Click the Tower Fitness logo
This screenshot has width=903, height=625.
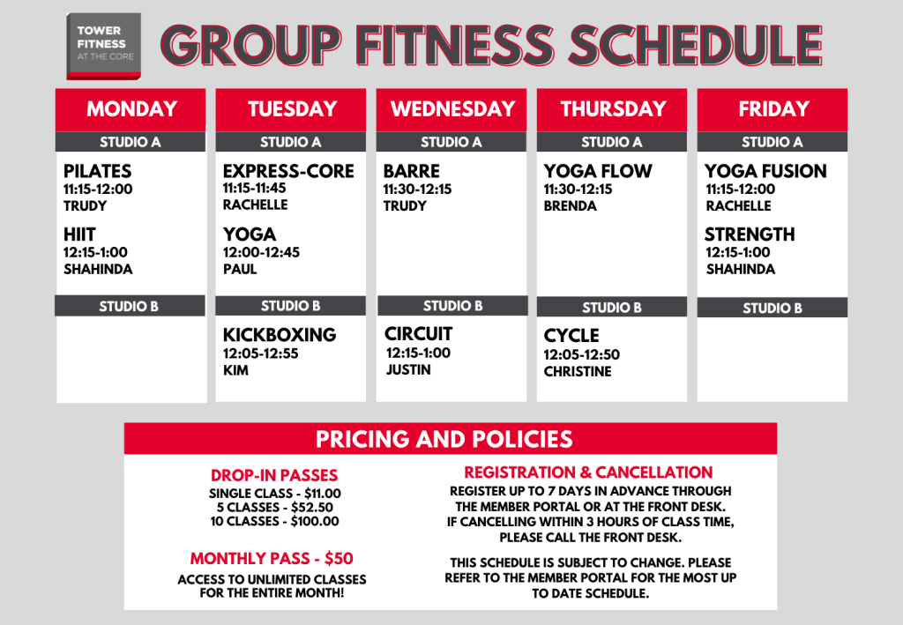coord(104,46)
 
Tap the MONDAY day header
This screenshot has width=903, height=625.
coord(132,108)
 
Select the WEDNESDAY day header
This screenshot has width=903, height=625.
coord(452,108)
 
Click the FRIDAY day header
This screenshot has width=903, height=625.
coord(774,108)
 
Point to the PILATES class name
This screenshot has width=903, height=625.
coord(97,171)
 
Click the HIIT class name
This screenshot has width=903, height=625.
coord(79,234)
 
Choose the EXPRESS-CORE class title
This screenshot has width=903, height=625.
coord(288,171)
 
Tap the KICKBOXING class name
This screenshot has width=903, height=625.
coord(280,334)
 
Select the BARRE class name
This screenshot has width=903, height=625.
coord(412,171)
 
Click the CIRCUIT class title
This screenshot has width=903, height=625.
coord(419,334)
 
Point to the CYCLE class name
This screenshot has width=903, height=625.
coord(571,336)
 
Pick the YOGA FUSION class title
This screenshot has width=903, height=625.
coord(765,171)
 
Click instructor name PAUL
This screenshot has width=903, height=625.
coord(240,269)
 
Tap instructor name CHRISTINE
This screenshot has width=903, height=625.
coord(578,371)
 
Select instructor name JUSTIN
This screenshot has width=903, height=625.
coord(408,369)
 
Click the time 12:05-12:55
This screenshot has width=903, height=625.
coord(261,353)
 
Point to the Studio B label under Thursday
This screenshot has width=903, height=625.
coord(612,308)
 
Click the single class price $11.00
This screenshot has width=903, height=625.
coord(323,493)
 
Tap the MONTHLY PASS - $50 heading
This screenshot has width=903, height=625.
coord(272,558)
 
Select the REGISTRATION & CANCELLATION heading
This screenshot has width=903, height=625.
coord(588,472)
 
